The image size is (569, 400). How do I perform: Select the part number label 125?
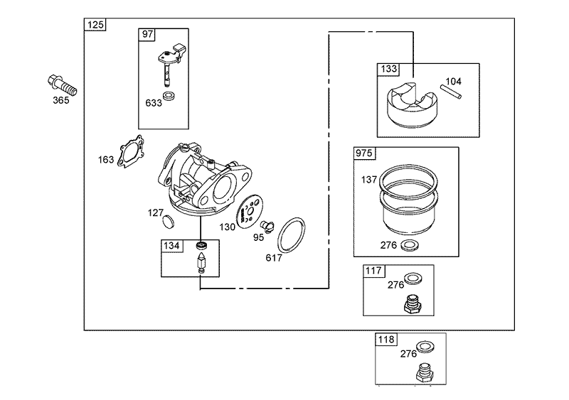[x=95, y=26]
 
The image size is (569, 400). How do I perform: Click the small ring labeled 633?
[x=169, y=95]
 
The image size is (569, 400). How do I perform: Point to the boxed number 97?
[x=147, y=36]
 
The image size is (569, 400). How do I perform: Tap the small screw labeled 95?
[x=268, y=226]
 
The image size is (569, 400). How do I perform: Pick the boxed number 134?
[x=171, y=246]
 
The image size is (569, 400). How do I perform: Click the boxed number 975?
[x=364, y=153]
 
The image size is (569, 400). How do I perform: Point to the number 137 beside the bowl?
[x=369, y=180]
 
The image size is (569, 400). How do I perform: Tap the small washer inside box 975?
[x=410, y=245]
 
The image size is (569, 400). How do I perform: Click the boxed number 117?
[x=374, y=271]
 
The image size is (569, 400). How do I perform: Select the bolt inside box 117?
[x=412, y=305]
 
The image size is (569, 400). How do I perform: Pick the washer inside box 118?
[x=425, y=347]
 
